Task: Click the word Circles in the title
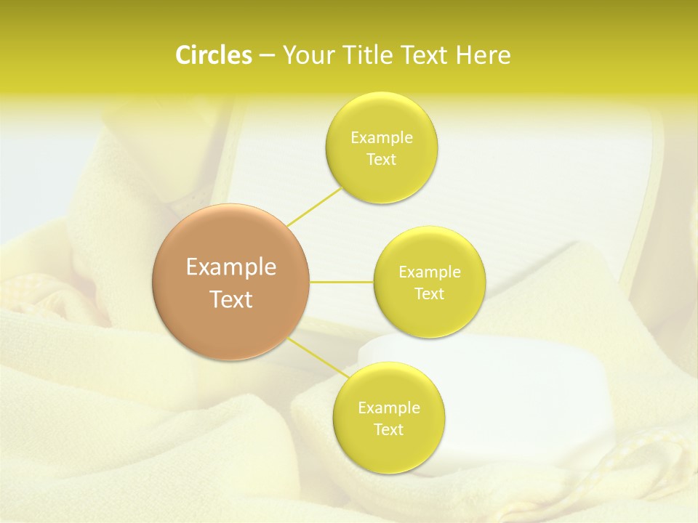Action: (213, 55)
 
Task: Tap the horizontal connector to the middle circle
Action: (342, 282)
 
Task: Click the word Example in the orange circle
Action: (231, 267)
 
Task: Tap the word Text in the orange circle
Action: (231, 299)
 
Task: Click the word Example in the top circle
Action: (382, 138)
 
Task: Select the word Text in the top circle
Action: (382, 160)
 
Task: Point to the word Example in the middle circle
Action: (430, 272)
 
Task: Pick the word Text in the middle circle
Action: (430, 294)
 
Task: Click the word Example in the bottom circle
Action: (389, 408)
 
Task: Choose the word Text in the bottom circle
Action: (389, 430)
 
